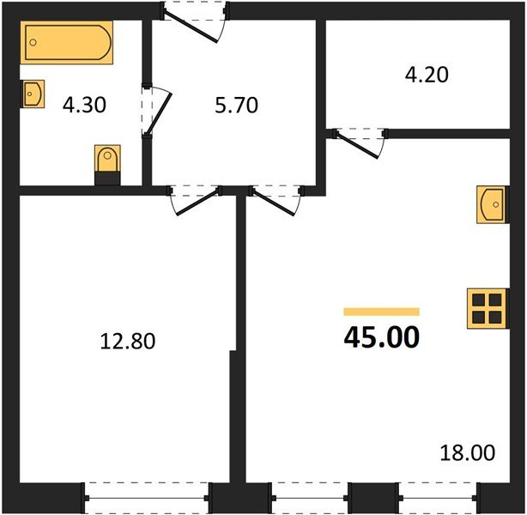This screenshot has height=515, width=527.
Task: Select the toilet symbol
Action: click(107, 162)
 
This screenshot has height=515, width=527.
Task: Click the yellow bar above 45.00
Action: click(381, 312)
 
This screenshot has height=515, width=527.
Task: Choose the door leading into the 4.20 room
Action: click(360, 142)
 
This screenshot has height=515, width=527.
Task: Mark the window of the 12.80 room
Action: click(148, 497)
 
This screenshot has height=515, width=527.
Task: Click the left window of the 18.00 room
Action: click(310, 497)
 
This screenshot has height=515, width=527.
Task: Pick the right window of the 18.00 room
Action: click(438, 497)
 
